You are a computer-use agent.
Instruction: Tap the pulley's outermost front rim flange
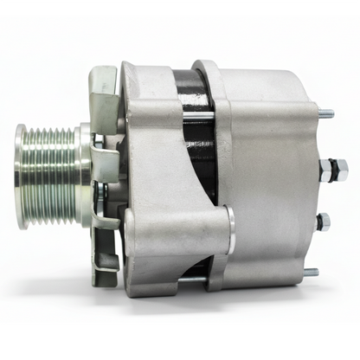pyautogui.click(x=21, y=177)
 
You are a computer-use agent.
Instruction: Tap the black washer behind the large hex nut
pyautogui.click(x=318, y=170)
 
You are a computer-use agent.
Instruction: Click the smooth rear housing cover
pyautogui.click(x=268, y=173)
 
